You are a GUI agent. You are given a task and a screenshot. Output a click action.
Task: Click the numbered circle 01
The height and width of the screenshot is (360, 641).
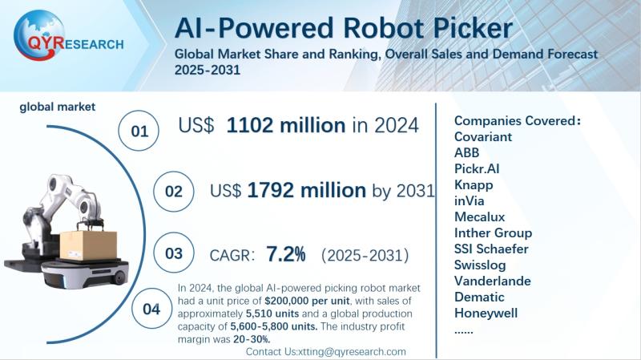139,131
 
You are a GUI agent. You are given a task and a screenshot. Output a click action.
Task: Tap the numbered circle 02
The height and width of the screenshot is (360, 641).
174,192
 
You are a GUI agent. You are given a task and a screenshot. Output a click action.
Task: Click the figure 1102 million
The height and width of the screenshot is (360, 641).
286,125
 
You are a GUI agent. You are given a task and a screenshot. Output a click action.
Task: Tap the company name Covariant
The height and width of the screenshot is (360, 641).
483,136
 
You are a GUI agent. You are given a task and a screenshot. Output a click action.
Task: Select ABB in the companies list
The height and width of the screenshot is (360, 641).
468,152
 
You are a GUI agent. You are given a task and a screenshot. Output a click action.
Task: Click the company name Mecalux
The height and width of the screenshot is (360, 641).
481,216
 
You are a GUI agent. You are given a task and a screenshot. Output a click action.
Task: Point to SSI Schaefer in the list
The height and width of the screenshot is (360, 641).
492,249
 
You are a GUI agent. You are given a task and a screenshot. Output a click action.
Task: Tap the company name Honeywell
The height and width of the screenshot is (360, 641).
486,313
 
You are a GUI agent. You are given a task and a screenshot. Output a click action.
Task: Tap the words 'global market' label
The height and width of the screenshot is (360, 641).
58,105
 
